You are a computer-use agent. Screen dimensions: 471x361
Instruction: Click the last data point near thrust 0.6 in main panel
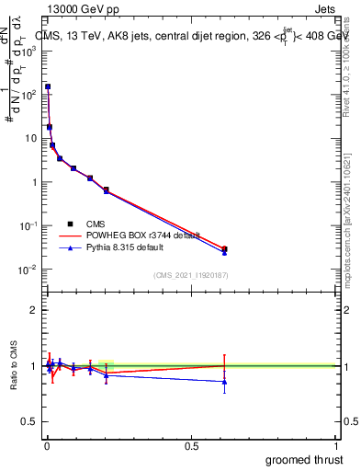coord(224,249)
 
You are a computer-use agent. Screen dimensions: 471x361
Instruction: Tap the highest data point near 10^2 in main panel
coord(48,86)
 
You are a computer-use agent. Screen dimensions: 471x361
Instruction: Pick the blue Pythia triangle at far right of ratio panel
coord(224,381)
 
